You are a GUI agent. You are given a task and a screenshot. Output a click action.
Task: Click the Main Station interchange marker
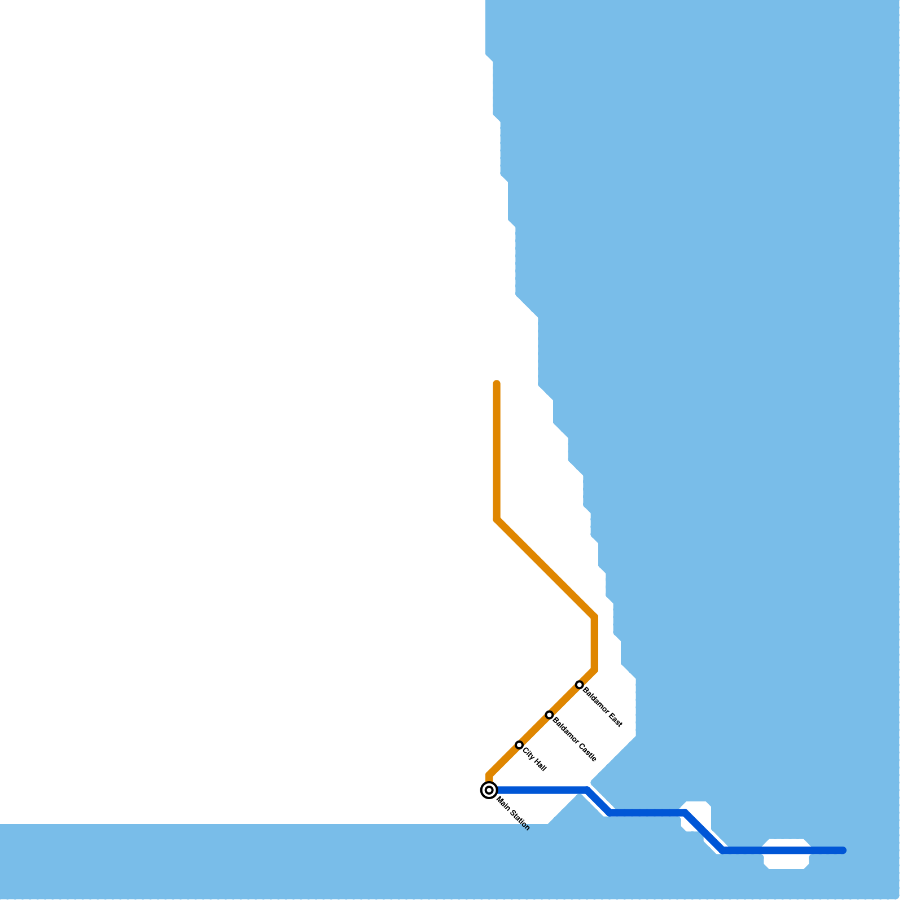[489, 790]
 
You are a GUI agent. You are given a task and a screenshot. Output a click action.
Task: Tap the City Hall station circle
[519, 745]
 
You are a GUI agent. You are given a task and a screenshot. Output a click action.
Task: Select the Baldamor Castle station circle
[549, 715]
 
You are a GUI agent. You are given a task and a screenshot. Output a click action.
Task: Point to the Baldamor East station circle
[579, 685]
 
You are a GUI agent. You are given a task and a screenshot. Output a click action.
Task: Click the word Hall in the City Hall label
[540, 765]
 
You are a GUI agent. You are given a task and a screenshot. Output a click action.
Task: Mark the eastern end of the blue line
[843, 851]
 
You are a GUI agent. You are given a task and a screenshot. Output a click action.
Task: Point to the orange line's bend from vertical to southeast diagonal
[497, 519]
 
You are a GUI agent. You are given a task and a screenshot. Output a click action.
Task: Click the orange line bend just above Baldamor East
[594, 670]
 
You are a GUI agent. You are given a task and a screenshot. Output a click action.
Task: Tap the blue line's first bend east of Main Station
[587, 790]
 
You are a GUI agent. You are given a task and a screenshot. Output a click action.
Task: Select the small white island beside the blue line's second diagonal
[698, 813]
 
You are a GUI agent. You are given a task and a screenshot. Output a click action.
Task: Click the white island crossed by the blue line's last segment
[786, 853]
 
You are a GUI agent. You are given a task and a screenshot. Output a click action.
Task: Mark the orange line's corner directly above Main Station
[489, 775]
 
